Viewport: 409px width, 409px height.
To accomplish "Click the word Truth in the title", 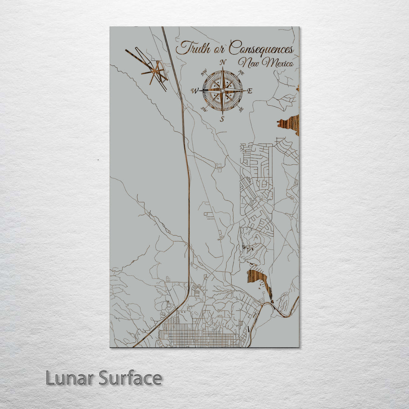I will tap(190, 48).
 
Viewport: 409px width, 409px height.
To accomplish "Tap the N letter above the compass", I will tap(223, 62).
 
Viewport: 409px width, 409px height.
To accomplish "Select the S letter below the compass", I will tap(222, 119).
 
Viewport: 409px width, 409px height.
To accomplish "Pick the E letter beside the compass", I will tap(249, 91).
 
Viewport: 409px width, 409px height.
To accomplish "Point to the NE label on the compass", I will tap(240, 72).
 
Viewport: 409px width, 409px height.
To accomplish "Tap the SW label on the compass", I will tap(204, 109).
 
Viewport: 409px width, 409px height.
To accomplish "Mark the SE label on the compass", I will tap(241, 109).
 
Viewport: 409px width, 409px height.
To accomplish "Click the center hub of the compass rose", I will tap(222, 91).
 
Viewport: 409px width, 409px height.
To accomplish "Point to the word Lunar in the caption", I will tap(70, 378).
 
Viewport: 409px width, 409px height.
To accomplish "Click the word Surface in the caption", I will tap(130, 378).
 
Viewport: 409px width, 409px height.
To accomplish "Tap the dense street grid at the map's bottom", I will tap(197, 335).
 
